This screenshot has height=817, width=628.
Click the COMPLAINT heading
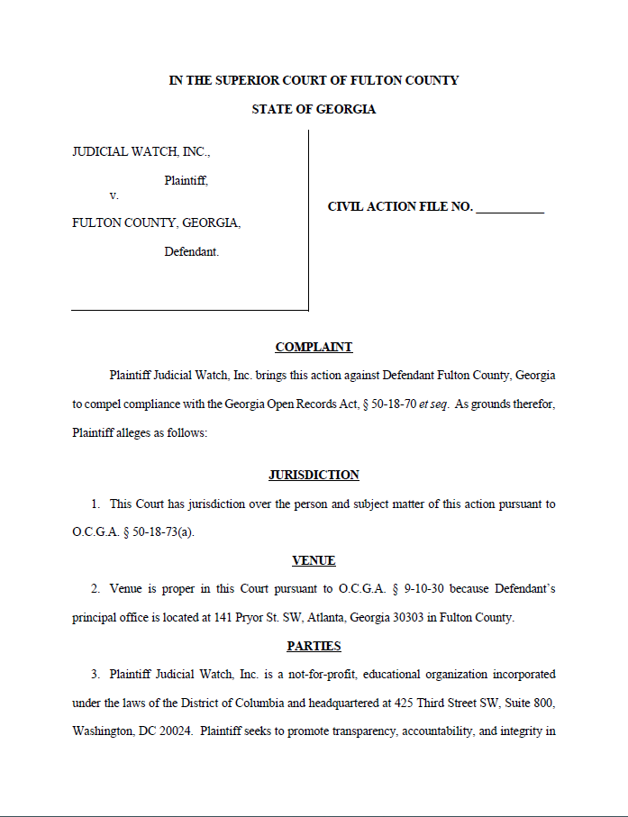coord(314,347)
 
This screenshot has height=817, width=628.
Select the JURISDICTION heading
coord(314,475)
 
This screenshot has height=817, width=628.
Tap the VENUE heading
coord(314,560)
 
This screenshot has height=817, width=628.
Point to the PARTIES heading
coord(314,646)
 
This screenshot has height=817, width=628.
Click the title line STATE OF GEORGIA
coord(314,109)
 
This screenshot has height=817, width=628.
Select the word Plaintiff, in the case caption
coord(186,180)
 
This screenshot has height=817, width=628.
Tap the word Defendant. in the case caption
coord(191,251)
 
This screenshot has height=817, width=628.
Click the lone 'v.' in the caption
coord(114,195)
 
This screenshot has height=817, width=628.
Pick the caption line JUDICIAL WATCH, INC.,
coord(141,151)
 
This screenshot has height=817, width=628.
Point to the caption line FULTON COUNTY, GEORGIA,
coord(156,222)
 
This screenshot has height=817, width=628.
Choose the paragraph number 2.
coord(95,589)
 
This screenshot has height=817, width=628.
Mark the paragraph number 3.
coord(95,674)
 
